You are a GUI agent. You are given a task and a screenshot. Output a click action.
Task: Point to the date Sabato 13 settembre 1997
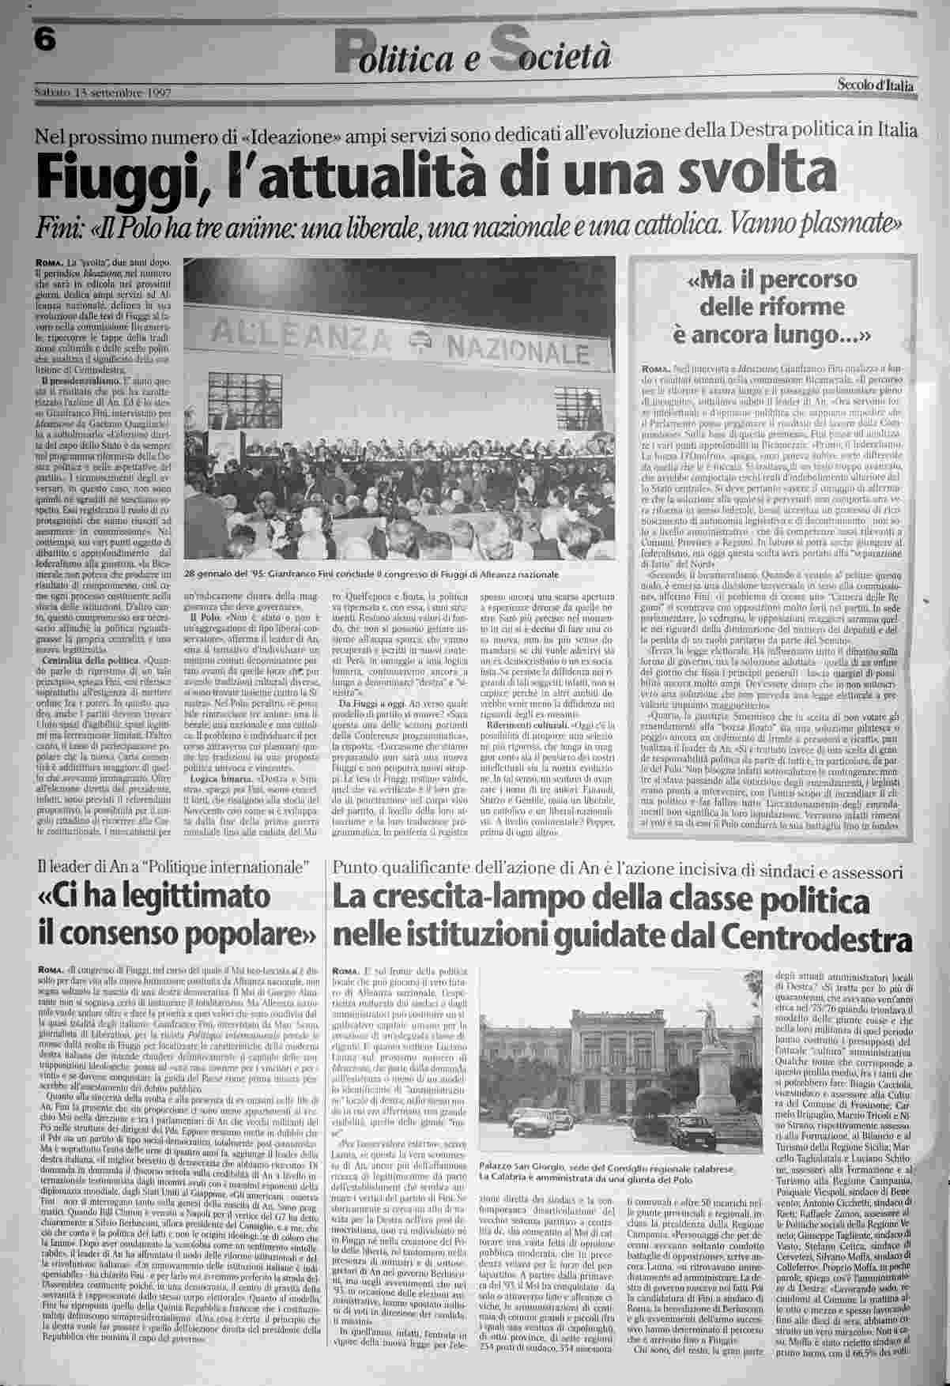[x=104, y=93]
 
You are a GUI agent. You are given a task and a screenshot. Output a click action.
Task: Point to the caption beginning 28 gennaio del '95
[x=370, y=574]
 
